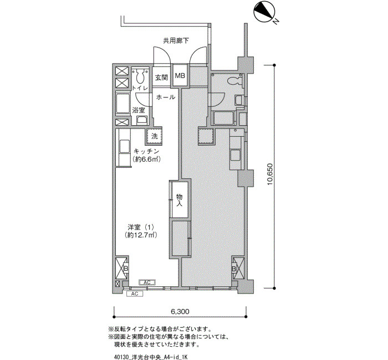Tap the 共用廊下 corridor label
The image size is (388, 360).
(176, 40)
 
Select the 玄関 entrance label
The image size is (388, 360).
(162, 78)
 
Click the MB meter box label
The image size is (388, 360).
(180, 76)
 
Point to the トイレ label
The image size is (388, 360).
(140, 88)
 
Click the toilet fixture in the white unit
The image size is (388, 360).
(140, 76)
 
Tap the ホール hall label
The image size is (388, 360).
(166, 97)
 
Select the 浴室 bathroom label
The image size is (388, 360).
(139, 110)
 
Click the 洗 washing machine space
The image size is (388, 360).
(154, 136)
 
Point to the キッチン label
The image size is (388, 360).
(146, 151)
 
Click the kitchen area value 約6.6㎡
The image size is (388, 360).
(146, 159)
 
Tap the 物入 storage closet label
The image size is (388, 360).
(180, 200)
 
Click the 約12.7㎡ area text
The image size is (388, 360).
(141, 235)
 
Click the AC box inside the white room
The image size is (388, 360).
(147, 282)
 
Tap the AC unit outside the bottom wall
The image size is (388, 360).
(135, 294)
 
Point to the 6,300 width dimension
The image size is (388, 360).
(180, 311)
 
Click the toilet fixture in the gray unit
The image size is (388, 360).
(234, 81)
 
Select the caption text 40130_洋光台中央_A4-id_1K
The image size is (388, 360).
(151, 357)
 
